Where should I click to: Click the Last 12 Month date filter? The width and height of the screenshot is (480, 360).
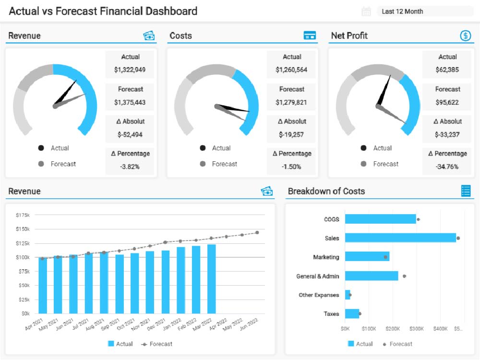pos(425,12)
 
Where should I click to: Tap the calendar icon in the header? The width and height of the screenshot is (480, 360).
pos(366,12)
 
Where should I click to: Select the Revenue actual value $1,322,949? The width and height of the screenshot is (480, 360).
pos(130,70)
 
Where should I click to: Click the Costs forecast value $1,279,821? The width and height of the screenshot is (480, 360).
pos(291,102)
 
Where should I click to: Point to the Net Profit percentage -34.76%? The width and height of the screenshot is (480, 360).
pos(447,167)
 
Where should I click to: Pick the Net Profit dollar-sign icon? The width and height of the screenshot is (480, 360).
pos(465,36)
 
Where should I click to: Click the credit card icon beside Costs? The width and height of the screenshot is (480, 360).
pos(310,36)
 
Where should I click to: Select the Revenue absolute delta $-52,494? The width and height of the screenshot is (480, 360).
pos(130,134)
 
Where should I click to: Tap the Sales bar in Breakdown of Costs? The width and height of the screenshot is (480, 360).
pos(400,238)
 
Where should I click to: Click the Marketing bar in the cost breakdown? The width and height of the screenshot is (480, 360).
pos(367,257)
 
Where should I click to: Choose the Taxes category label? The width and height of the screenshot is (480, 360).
pos(331,314)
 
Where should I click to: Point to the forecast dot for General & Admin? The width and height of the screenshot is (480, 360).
pos(404,276)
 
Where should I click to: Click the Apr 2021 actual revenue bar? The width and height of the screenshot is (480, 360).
pos(43,285)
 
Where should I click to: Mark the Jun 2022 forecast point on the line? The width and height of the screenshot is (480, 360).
pos(257,232)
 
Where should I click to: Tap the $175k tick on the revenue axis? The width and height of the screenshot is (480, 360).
pos(22,215)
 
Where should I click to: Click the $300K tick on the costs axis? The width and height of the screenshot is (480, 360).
pos(416,329)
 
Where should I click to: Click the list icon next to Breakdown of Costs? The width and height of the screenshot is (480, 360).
pos(466,191)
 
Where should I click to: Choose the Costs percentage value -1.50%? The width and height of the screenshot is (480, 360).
pos(291,167)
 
